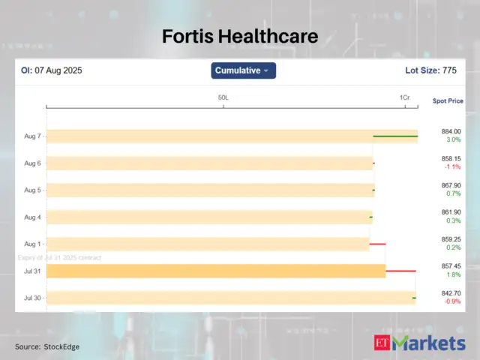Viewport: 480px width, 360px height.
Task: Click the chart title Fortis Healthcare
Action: click(x=240, y=36)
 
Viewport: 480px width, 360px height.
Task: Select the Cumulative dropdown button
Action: click(x=244, y=70)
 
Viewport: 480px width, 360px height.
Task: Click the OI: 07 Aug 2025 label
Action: click(x=51, y=70)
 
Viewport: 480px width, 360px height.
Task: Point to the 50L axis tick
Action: click(x=223, y=98)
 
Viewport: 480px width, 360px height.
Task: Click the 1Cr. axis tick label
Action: click(x=405, y=98)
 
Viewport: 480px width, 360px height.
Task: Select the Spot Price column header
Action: click(x=448, y=100)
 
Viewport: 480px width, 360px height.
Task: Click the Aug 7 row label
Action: click(x=33, y=136)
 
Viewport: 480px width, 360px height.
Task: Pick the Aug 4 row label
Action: click(x=33, y=217)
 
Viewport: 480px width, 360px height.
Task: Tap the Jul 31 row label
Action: click(x=33, y=271)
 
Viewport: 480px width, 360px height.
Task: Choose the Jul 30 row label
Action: click(x=33, y=298)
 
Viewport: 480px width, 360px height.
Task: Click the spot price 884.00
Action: click(x=451, y=132)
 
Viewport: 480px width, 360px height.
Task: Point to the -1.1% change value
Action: click(x=451, y=167)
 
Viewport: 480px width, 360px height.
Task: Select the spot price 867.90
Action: click(x=451, y=186)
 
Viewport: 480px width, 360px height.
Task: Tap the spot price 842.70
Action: click(x=451, y=293)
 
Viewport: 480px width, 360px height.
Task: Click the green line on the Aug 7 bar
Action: click(x=395, y=136)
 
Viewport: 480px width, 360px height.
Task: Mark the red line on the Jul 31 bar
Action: click(x=400, y=271)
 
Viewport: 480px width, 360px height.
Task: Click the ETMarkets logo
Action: click(x=419, y=343)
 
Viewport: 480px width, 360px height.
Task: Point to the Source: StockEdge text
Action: click(x=47, y=346)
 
